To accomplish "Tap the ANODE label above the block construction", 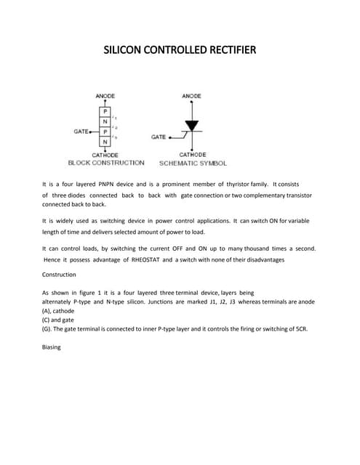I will coord(105,96).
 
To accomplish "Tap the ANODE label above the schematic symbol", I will coord(191,96).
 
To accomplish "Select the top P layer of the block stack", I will coord(105,112).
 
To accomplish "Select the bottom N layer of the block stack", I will coord(105,141).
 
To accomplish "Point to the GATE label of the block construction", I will coord(80,132).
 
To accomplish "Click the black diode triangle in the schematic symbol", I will coord(191,126).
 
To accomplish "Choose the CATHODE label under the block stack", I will coord(105,155).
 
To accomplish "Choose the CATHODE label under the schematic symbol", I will coord(192,155).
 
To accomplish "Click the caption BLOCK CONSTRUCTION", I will coord(105,163).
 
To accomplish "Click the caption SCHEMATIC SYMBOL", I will coord(193,163).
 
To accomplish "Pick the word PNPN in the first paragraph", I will coord(118,184).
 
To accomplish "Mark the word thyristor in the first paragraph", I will coord(236,184).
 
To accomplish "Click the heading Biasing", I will coord(52,347).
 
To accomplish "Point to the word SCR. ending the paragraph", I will coord(300,328).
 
